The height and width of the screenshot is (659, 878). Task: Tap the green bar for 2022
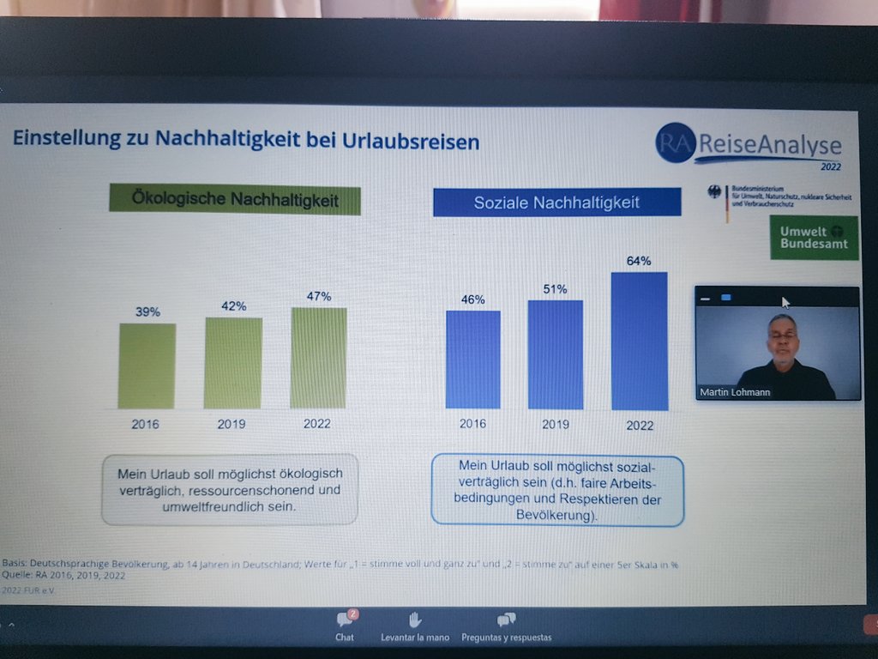point(318,358)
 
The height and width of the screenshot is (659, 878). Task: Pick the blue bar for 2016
point(472,360)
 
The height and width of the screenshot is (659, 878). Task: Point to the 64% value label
point(639,261)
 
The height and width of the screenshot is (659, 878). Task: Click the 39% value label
point(147,312)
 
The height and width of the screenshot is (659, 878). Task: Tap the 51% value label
point(555,289)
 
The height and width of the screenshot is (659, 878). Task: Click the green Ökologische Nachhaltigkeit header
point(234,200)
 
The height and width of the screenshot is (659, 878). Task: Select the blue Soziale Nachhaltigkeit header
point(556,203)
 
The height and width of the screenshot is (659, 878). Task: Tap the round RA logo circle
point(674,143)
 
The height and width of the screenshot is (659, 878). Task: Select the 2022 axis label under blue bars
point(639,426)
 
